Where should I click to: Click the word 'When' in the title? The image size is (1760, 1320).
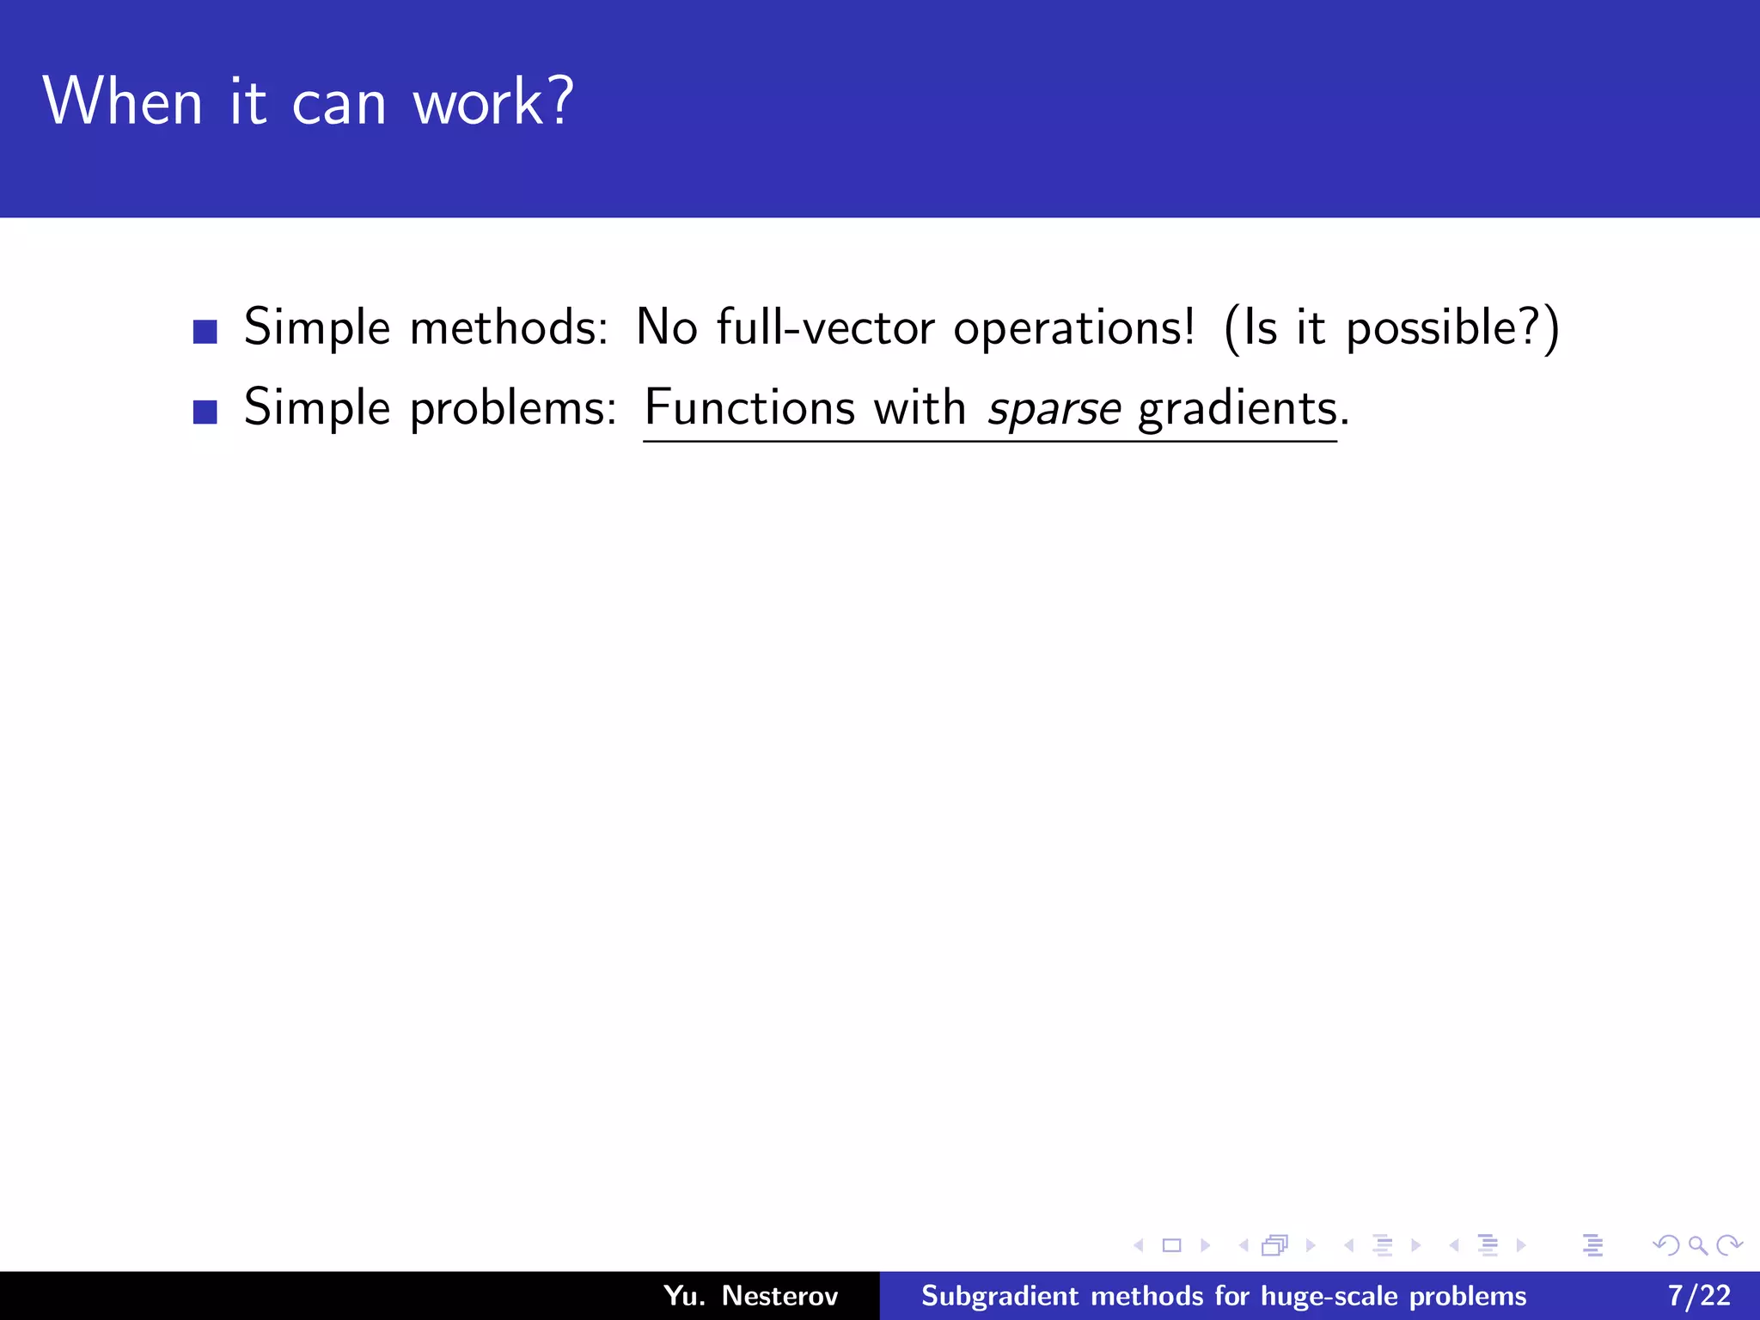[122, 101]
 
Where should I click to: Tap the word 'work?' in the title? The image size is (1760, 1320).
[492, 101]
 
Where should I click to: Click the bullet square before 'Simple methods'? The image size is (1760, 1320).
[205, 332]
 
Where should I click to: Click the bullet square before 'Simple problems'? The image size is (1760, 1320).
[205, 412]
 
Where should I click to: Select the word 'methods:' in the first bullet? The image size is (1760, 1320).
[510, 327]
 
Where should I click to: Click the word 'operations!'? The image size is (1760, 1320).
[1074, 329]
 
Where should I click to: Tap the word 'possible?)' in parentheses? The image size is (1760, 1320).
[1452, 329]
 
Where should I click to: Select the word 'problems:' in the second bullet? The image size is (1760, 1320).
[513, 408]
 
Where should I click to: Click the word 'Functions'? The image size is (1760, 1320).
[749, 407]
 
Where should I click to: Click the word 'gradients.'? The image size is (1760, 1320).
[1243, 408]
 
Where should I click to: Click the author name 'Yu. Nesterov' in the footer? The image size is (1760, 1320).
[750, 1295]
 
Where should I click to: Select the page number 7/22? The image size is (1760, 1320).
[1699, 1295]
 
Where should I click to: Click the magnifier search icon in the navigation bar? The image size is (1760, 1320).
[1697, 1245]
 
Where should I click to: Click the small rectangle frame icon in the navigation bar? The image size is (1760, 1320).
[1171, 1245]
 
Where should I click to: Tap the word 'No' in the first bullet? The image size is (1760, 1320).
[666, 327]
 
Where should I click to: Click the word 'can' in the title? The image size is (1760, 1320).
[339, 103]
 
